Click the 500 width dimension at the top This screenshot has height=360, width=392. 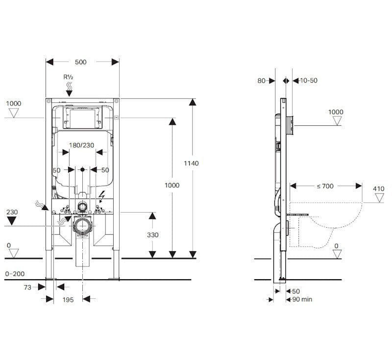[x=81, y=62]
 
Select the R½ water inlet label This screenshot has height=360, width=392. [x=69, y=77]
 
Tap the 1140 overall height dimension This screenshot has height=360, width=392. [x=192, y=163]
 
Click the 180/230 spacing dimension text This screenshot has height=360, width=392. [x=81, y=145]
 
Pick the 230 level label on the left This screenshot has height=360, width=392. [x=12, y=212]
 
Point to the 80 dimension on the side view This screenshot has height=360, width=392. [x=261, y=80]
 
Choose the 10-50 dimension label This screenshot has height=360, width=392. [x=308, y=80]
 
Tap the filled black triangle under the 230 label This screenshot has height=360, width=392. [x=13, y=221]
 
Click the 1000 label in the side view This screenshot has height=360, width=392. [x=336, y=112]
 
